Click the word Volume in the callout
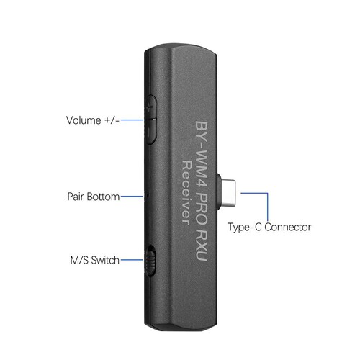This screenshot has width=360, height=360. click(84, 120)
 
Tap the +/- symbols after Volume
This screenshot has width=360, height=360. click(112, 120)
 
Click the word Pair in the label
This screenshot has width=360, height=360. click(76, 197)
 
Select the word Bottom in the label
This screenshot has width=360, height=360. click(103, 197)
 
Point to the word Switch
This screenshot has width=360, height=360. click(105, 260)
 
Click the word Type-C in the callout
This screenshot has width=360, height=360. click(245, 228)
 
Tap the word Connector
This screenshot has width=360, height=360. click(288, 227)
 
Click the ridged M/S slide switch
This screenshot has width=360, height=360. click(150, 261)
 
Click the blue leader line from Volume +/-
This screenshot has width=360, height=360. click(132, 120)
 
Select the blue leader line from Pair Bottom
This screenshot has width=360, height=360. click(132, 197)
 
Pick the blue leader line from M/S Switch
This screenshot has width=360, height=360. click(132, 260)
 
